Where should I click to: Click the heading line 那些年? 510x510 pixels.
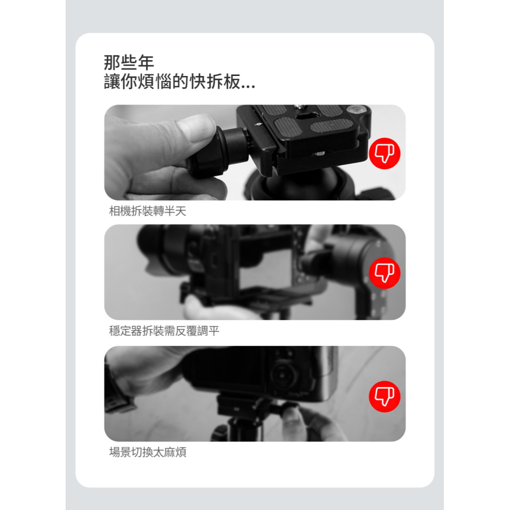click(x=129, y=63)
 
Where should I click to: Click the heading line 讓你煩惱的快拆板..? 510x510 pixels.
click(x=179, y=82)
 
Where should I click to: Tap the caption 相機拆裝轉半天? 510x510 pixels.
click(x=148, y=211)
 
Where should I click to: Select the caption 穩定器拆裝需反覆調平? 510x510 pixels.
click(x=164, y=331)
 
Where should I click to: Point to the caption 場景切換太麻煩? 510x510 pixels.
click(x=148, y=452)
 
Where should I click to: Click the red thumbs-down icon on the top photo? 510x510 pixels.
click(x=385, y=152)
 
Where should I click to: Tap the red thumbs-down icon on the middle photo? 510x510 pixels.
click(x=385, y=273)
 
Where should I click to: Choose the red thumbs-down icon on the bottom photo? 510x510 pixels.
click(x=385, y=396)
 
